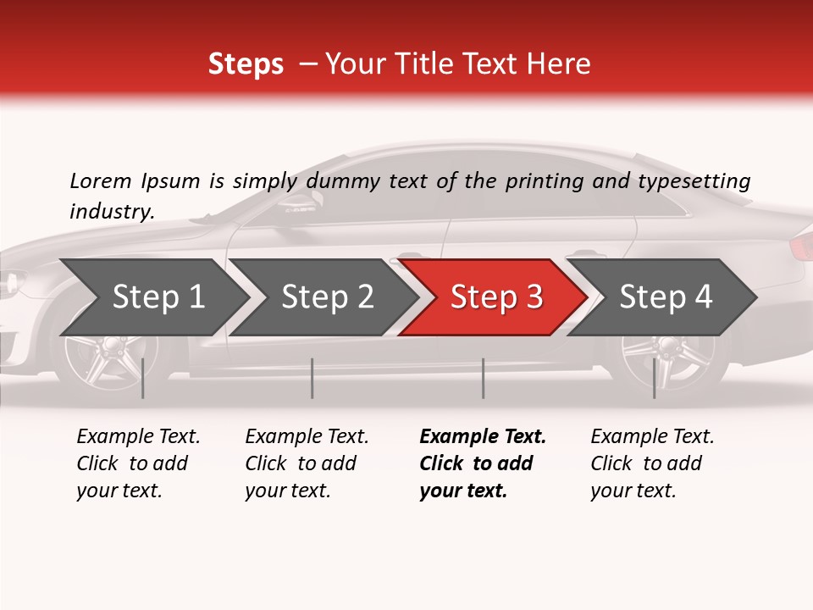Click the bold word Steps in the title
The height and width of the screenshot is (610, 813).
point(246,64)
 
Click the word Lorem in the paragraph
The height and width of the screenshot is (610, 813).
point(100,181)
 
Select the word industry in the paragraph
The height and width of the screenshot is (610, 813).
point(111,212)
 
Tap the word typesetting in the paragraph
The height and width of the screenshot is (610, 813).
point(693,181)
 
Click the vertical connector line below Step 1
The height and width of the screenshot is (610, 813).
point(143,378)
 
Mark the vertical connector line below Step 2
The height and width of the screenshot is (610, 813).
point(312,378)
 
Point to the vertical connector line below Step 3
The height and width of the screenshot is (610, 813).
point(483,378)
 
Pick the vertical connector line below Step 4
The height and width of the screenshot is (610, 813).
point(654,378)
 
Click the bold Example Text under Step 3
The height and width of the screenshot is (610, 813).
point(483,437)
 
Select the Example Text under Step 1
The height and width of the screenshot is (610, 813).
point(138,437)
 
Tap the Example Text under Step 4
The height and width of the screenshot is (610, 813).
point(652,437)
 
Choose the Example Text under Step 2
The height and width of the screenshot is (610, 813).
point(307,437)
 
